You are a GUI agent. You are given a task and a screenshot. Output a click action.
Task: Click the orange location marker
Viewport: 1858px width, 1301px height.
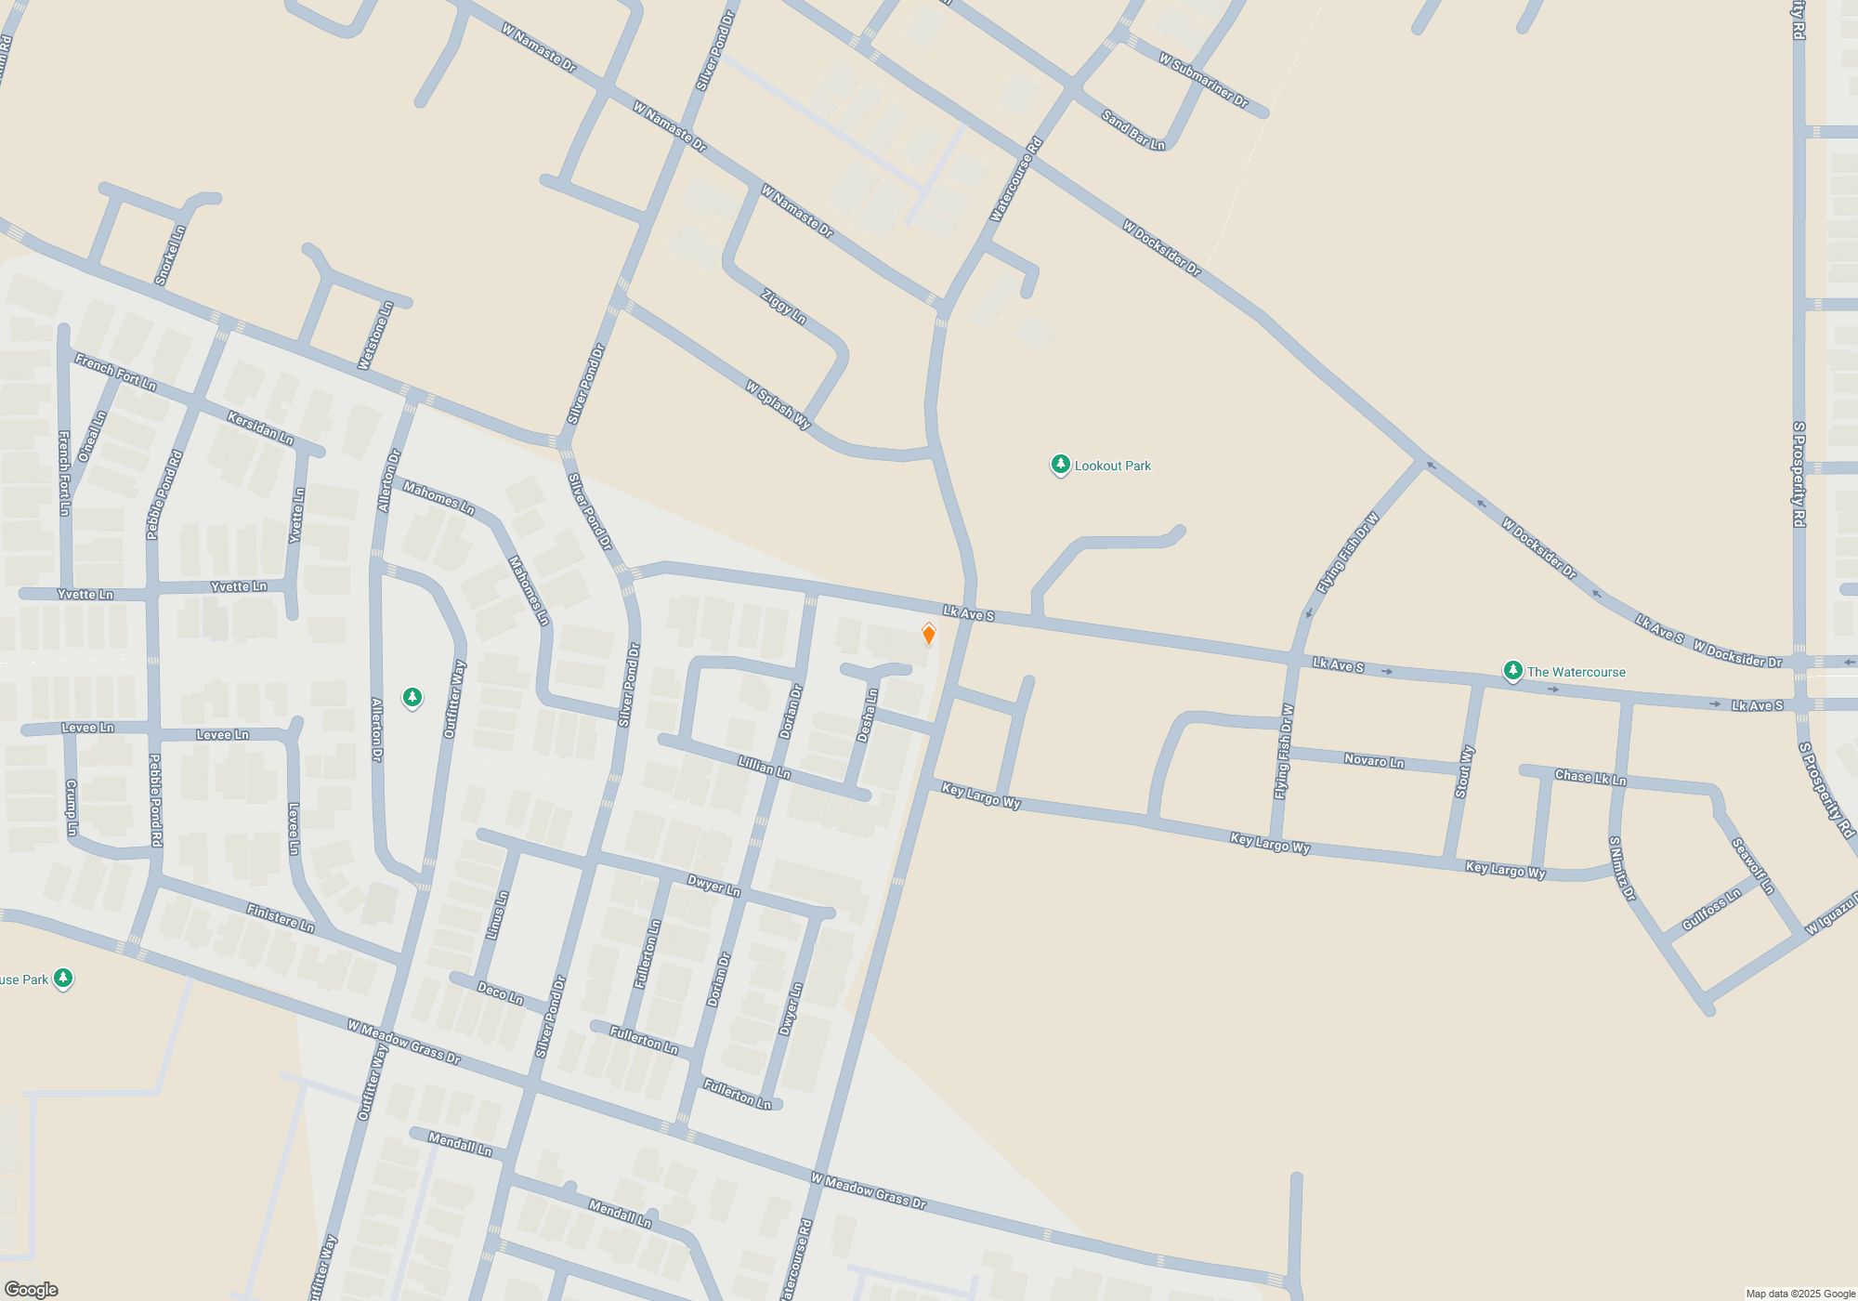(x=928, y=634)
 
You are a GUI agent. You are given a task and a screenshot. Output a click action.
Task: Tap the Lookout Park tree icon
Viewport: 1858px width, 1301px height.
(x=1060, y=464)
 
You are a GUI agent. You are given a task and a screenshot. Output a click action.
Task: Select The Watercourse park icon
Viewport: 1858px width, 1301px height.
(x=1512, y=670)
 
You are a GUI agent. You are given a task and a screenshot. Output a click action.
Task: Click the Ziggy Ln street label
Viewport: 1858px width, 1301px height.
(x=783, y=307)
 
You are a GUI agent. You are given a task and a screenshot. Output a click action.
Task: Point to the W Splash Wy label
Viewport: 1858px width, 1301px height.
(x=779, y=404)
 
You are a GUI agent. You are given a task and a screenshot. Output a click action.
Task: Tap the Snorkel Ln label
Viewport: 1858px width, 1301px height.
(x=170, y=256)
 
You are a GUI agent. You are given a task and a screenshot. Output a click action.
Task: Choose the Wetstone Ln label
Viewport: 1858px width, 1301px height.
(x=375, y=335)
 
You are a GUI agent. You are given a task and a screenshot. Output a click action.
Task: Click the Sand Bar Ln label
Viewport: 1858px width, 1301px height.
(x=1132, y=130)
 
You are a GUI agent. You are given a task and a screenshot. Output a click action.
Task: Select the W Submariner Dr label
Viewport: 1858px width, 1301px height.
(x=1203, y=80)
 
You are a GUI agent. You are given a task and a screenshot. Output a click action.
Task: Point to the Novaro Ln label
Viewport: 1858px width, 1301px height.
(x=1374, y=760)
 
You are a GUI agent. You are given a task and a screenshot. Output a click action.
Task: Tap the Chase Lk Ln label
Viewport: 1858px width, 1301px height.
(x=1590, y=777)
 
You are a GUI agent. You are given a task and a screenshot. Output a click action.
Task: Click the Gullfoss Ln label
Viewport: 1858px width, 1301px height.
(x=1711, y=910)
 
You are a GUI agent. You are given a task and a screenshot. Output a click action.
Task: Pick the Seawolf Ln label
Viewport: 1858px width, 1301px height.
(x=1753, y=866)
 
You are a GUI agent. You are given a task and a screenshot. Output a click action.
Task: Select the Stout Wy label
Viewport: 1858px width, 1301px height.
(x=1465, y=771)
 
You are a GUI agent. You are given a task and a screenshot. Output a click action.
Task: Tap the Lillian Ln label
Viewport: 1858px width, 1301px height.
(x=764, y=767)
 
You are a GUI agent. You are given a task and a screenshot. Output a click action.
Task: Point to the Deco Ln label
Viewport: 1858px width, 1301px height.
(x=500, y=992)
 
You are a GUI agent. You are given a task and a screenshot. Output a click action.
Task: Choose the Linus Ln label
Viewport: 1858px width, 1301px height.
(x=498, y=915)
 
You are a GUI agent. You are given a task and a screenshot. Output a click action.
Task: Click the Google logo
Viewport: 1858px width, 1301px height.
(x=31, y=1289)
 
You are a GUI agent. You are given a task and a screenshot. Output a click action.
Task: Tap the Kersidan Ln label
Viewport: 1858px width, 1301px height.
(x=260, y=427)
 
